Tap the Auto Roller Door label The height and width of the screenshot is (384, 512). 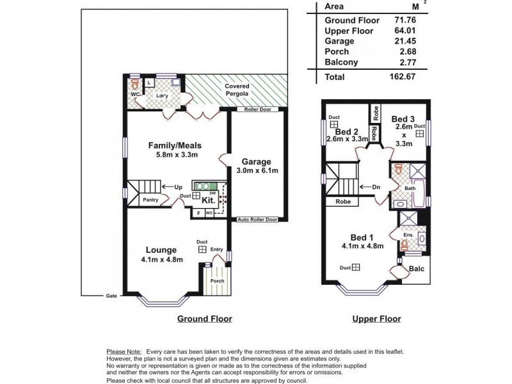pos(257,219)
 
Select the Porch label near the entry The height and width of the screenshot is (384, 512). pos(218,280)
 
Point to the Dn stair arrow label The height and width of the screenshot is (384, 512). pos(376,187)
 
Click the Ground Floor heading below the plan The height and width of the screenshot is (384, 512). pos(204,319)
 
